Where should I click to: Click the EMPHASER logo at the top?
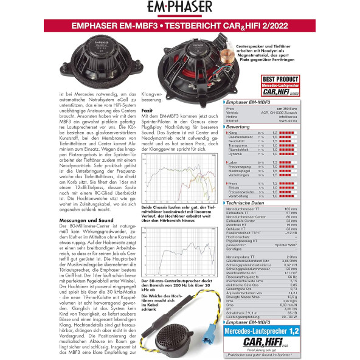[x=180, y=8]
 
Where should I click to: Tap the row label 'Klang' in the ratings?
[x=232, y=132]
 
